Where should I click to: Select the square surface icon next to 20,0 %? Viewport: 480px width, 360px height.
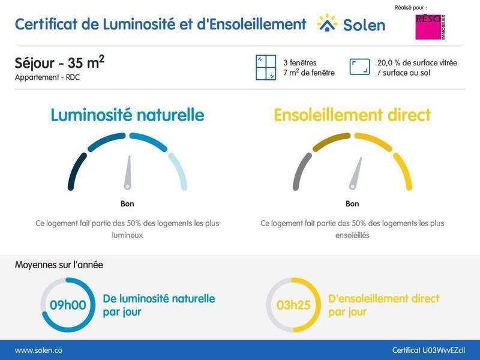(x=359, y=67)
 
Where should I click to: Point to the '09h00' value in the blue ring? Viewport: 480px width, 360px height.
(x=68, y=305)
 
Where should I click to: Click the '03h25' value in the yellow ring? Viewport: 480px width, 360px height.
(x=293, y=305)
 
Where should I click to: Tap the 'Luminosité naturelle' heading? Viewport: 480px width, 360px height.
(x=127, y=115)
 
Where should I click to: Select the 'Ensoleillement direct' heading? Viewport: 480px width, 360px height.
(x=352, y=115)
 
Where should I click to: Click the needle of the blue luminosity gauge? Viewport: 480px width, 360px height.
(x=128, y=173)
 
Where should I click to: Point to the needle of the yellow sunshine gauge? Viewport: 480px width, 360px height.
(x=356, y=173)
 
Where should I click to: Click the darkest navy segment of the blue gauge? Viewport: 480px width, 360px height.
(x=75, y=171)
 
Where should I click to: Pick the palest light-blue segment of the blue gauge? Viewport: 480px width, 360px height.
(x=178, y=171)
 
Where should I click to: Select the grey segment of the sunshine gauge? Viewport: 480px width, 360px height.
(x=301, y=171)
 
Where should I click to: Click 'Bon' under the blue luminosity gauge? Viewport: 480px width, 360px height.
(x=127, y=204)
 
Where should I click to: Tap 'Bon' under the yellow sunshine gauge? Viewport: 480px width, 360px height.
(x=352, y=204)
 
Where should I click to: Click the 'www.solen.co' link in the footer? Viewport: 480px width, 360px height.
(x=38, y=350)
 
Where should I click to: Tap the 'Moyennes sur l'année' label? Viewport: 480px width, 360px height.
(x=58, y=264)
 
